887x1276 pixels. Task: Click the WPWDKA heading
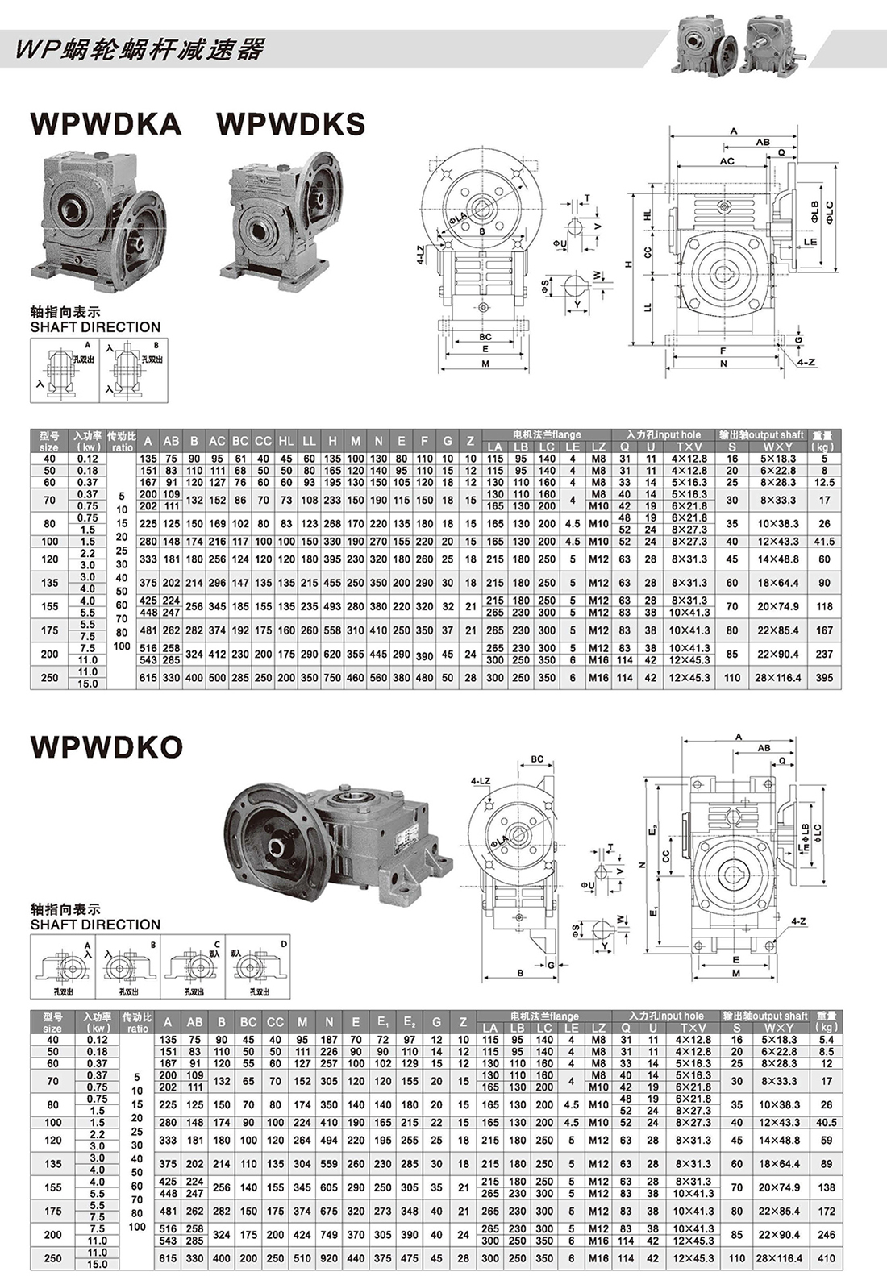(x=106, y=123)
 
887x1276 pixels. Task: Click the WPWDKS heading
(x=291, y=123)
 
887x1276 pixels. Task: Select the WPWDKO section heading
(x=106, y=746)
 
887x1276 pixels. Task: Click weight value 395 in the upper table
(x=823, y=678)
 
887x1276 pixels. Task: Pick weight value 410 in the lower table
(x=826, y=1258)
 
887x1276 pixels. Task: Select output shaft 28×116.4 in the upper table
(x=777, y=678)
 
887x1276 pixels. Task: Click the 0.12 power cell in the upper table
(x=87, y=459)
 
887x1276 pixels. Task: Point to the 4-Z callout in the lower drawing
(x=798, y=921)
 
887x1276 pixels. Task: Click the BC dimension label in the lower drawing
(x=537, y=759)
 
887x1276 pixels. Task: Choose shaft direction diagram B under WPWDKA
(x=135, y=369)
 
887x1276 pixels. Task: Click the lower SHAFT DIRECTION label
(x=95, y=925)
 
